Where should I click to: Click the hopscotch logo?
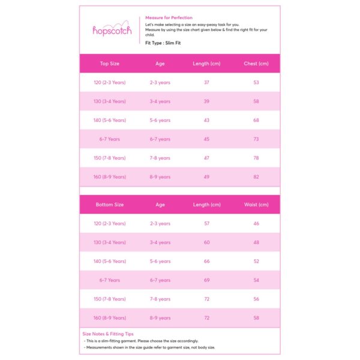(x=112, y=30)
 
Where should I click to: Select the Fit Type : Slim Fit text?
(x=164, y=43)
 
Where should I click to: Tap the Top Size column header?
(x=110, y=64)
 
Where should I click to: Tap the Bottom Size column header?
(x=110, y=205)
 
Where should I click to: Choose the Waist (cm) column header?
(x=256, y=205)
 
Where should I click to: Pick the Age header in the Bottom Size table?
(x=160, y=205)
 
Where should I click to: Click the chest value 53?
(x=256, y=83)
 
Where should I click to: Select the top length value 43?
(x=206, y=121)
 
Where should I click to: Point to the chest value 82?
(x=256, y=177)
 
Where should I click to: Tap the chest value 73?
(x=256, y=139)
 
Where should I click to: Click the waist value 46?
(x=256, y=224)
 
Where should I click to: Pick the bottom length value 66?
(x=206, y=262)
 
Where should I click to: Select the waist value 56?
(x=256, y=299)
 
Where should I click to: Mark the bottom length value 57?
(x=206, y=224)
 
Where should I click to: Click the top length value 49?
(x=206, y=177)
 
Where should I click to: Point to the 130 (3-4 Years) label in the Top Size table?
(x=110, y=101)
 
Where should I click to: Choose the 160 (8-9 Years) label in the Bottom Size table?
(x=110, y=318)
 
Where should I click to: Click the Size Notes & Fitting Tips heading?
(x=108, y=334)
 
